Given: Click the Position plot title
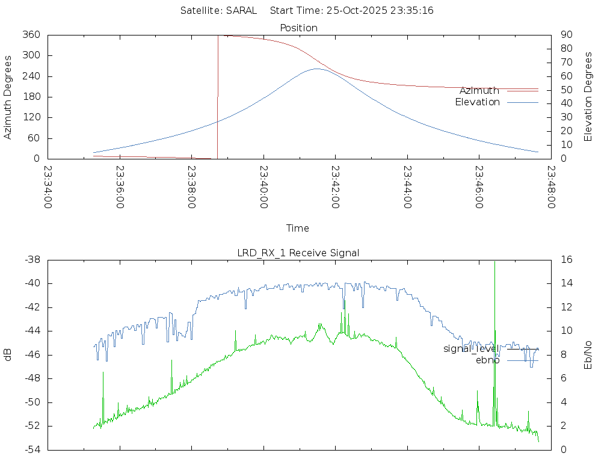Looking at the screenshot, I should [299, 28].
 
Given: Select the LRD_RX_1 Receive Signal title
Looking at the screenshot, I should [298, 253].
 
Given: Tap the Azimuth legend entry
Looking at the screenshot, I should [479, 91].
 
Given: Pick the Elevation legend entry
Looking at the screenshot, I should [477, 102].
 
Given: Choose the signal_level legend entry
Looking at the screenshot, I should [471, 349].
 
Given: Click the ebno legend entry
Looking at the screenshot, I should [487, 360].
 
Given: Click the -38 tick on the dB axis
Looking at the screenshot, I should [31, 260].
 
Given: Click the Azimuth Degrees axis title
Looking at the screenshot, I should [8, 97].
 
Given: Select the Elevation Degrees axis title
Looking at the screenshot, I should [588, 97].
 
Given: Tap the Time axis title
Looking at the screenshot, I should [298, 228].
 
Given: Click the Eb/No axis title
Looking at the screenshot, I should [588, 354].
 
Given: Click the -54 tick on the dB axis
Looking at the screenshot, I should [31, 449].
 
